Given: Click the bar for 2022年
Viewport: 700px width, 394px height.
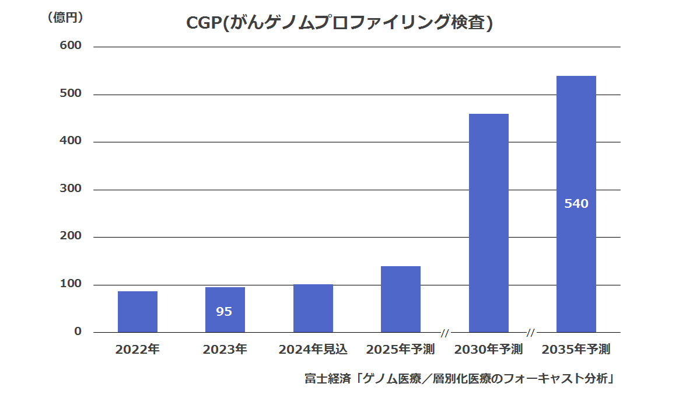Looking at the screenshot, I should (138, 312).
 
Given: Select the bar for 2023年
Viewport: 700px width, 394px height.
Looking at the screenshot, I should (225, 309).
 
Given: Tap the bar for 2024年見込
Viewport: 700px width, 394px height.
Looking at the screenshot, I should (313, 308).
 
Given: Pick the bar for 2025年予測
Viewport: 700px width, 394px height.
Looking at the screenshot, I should (401, 299).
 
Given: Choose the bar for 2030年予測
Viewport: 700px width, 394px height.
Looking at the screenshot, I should (489, 223).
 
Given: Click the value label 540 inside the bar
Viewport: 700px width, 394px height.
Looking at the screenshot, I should (576, 204).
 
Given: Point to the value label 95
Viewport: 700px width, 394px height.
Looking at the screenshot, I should (224, 312).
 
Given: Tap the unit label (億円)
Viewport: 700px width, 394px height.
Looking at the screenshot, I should (65, 18).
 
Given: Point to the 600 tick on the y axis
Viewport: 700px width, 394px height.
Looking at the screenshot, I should (71, 46).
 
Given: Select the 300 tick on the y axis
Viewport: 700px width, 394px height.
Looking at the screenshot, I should (71, 189).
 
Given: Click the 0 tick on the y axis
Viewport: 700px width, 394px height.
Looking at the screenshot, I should (78, 332).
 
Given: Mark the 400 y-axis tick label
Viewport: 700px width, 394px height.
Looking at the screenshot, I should (71, 141).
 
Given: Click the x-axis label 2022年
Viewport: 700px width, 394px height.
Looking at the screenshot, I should (138, 350).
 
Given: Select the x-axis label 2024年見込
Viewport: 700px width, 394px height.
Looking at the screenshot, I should (313, 350).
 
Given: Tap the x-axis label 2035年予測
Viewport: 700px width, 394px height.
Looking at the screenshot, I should (576, 350).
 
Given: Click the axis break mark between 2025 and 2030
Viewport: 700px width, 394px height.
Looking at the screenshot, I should (445, 333).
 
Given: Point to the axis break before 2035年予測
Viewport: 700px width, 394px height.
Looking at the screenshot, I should (531, 333).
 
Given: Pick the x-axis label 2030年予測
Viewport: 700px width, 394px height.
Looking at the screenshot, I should (489, 350).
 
